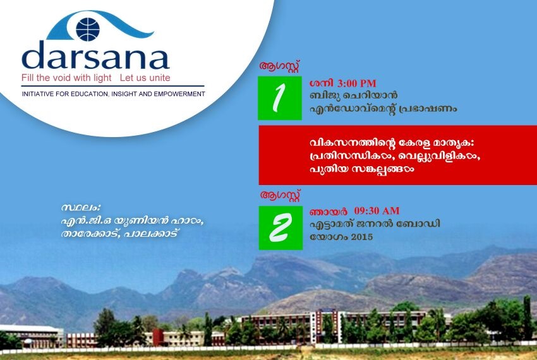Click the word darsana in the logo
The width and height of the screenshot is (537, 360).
coord(95,56)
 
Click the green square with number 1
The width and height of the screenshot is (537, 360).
coord(275,97)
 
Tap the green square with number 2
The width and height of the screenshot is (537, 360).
coord(275,227)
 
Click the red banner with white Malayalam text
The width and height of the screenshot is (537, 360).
coord(397,155)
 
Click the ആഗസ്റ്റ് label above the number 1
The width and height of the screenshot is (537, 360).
coord(279,66)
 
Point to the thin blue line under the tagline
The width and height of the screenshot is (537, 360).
coord(114,86)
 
